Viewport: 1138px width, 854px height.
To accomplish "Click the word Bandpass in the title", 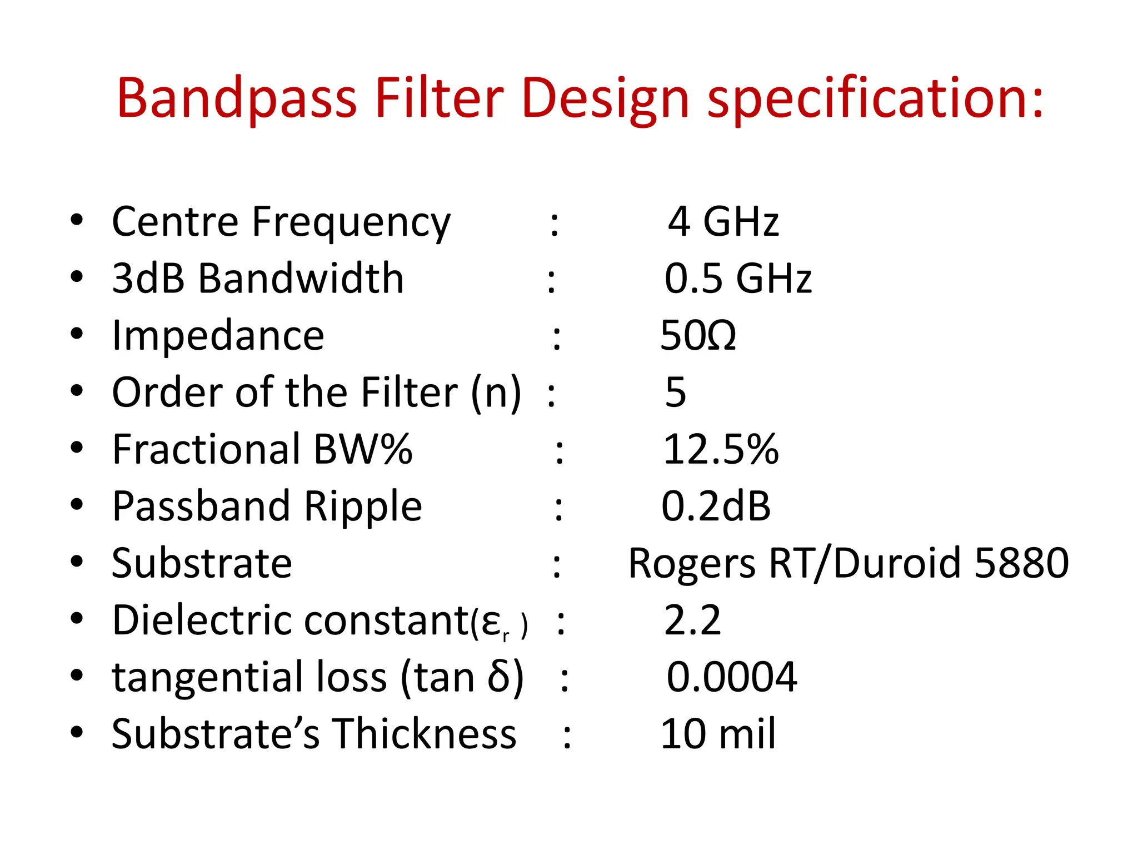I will pos(236,99).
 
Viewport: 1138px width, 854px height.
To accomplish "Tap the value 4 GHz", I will pos(723,222).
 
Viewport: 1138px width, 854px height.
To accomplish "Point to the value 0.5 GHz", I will pos(738,279).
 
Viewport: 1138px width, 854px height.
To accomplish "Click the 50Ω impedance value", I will pos(698,336).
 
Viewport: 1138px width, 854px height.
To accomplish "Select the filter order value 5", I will pos(675,393).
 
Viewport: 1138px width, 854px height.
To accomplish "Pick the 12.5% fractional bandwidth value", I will pos(721,449).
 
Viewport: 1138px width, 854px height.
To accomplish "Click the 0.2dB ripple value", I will pos(716,507).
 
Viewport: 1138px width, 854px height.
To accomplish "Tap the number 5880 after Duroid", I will pos(1021,563).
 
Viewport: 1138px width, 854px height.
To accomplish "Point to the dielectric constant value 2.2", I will pos(692,620).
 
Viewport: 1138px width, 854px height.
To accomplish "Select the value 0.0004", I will pos(731,677).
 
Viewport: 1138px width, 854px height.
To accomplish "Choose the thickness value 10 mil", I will pos(717,734).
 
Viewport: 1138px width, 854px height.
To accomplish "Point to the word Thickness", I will pos(424,734).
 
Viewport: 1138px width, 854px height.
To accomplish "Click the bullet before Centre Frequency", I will pos(77,221).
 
